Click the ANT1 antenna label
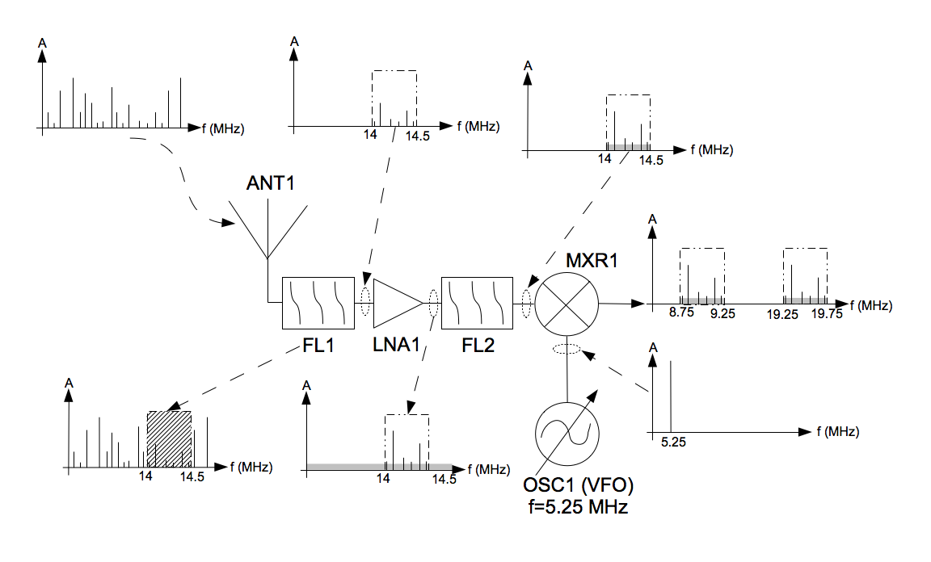pos(270,183)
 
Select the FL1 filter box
pos(318,303)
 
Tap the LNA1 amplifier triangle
pos(398,304)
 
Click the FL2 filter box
pos(478,303)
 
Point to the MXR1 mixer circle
pos(567,304)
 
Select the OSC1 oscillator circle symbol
pos(567,434)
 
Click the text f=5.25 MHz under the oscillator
pos(579,507)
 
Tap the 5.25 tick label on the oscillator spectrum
pos(673,442)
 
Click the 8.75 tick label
pos(681,312)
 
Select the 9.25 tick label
pos(722,313)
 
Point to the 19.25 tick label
pos(782,315)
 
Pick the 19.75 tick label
pos(827,313)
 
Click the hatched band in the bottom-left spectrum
pos(169,439)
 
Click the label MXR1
pos(592,260)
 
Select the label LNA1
pos(396,345)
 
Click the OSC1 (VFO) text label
pos(579,485)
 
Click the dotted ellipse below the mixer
pos(567,348)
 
